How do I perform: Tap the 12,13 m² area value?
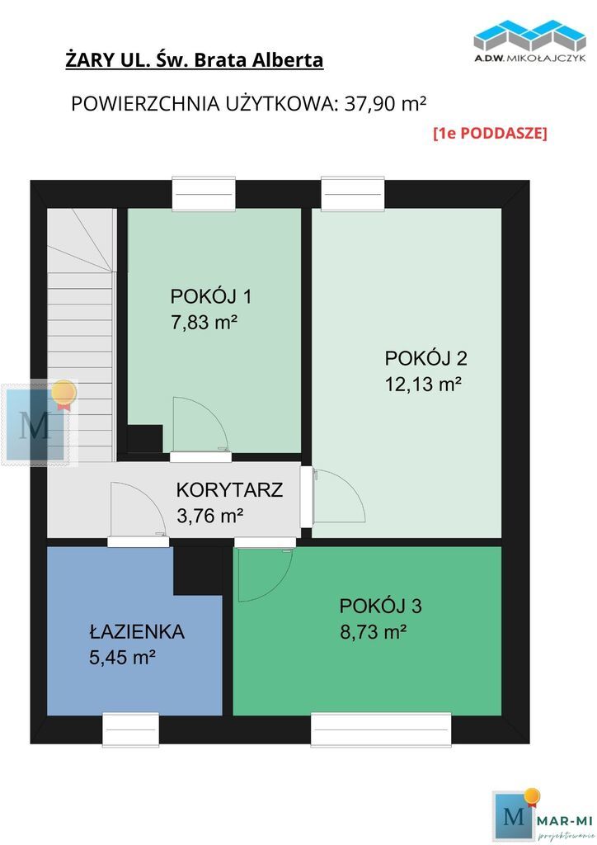coord(423,385)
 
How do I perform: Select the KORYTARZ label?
coord(229,490)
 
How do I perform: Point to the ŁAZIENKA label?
coord(137,631)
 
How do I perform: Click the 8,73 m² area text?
coord(373,631)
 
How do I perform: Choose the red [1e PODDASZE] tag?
coord(490,133)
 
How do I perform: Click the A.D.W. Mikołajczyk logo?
coord(529,41)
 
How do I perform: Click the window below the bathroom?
coord(131,729)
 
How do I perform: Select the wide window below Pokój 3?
coord(381,729)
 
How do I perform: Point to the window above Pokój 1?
coord(204,193)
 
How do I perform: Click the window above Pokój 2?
coord(353,193)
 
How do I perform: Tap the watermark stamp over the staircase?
coord(40,423)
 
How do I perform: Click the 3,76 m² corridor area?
coord(210,516)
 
